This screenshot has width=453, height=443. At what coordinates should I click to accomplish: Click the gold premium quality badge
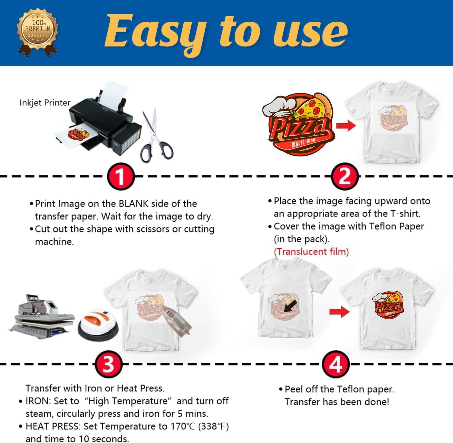[37, 33]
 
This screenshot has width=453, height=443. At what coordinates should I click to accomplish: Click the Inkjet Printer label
[45, 103]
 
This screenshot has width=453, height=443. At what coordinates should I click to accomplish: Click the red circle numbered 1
[120, 177]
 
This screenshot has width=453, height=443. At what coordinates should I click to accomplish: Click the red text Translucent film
[311, 252]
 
